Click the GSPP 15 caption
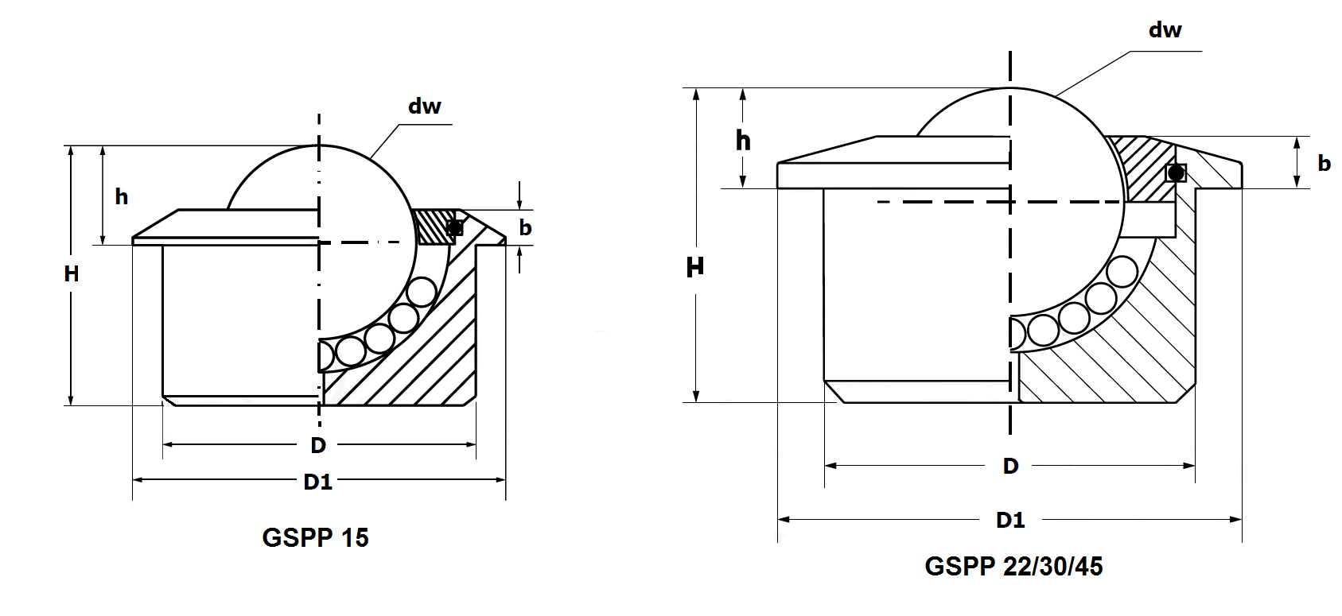pyautogui.click(x=315, y=538)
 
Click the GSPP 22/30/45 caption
pyautogui.click(x=1013, y=567)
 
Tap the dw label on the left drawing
pyautogui.click(x=424, y=107)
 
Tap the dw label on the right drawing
pyautogui.click(x=1165, y=30)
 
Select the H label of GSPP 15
pyautogui.click(x=72, y=274)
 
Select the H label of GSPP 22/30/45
pyautogui.click(x=694, y=267)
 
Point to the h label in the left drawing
pyautogui.click(x=122, y=196)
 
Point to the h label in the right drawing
pyautogui.click(x=743, y=141)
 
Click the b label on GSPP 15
pyautogui.click(x=525, y=228)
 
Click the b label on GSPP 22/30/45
pyautogui.click(x=1324, y=163)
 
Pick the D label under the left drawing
pyautogui.click(x=318, y=445)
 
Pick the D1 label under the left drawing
pyautogui.click(x=318, y=482)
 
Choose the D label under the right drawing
pyautogui.click(x=1010, y=466)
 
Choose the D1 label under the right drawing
pyautogui.click(x=1010, y=520)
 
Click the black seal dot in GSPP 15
pyautogui.click(x=454, y=228)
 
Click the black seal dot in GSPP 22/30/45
pyautogui.click(x=1176, y=172)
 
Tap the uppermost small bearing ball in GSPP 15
pyautogui.click(x=421, y=293)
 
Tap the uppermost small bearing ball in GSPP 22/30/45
pyautogui.click(x=1122, y=273)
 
